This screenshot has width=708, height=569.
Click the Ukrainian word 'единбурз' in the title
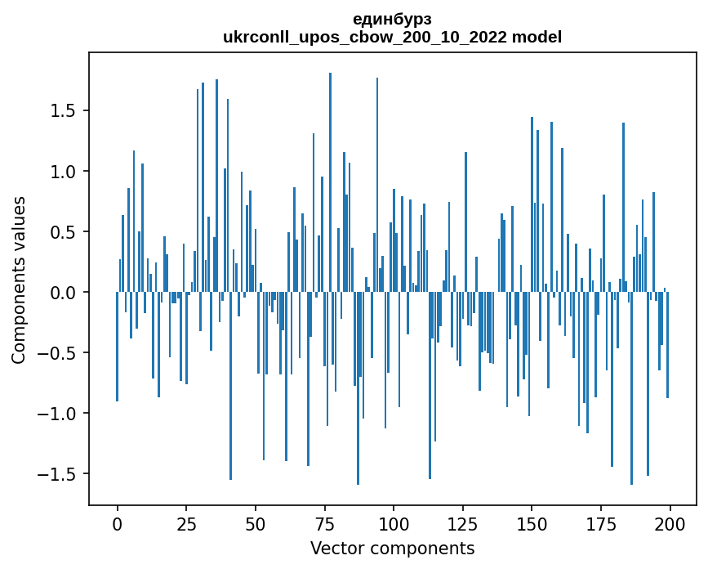point(392,19)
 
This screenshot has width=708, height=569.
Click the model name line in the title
point(392,37)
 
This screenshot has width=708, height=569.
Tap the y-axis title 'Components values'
point(19,280)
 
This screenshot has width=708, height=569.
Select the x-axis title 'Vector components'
point(392,548)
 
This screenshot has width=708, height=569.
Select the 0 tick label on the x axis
point(118,523)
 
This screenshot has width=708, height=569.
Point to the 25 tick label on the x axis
point(186,523)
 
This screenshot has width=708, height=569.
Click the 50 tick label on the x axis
point(256,523)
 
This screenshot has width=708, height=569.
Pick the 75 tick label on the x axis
point(325,523)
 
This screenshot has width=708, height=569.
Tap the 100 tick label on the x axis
point(394,523)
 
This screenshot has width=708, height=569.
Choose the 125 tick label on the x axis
point(463,523)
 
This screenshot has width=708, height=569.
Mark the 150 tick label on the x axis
point(532,523)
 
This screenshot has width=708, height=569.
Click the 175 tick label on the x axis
point(601,523)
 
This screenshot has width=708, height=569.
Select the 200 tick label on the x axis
point(670,523)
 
